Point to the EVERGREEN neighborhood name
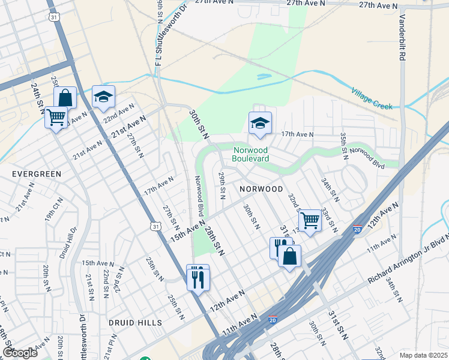tap(37, 174)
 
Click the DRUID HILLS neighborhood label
tap(135, 323)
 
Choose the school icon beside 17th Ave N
tap(260, 124)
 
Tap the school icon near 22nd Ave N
tap(103, 97)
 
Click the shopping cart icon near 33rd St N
tap(310, 220)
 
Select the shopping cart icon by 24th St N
tap(56, 116)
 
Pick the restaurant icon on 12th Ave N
tap(197, 277)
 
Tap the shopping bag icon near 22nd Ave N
tap(65, 98)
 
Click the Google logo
tap(20, 353)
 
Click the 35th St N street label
tap(344, 146)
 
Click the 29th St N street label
tap(222, 185)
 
